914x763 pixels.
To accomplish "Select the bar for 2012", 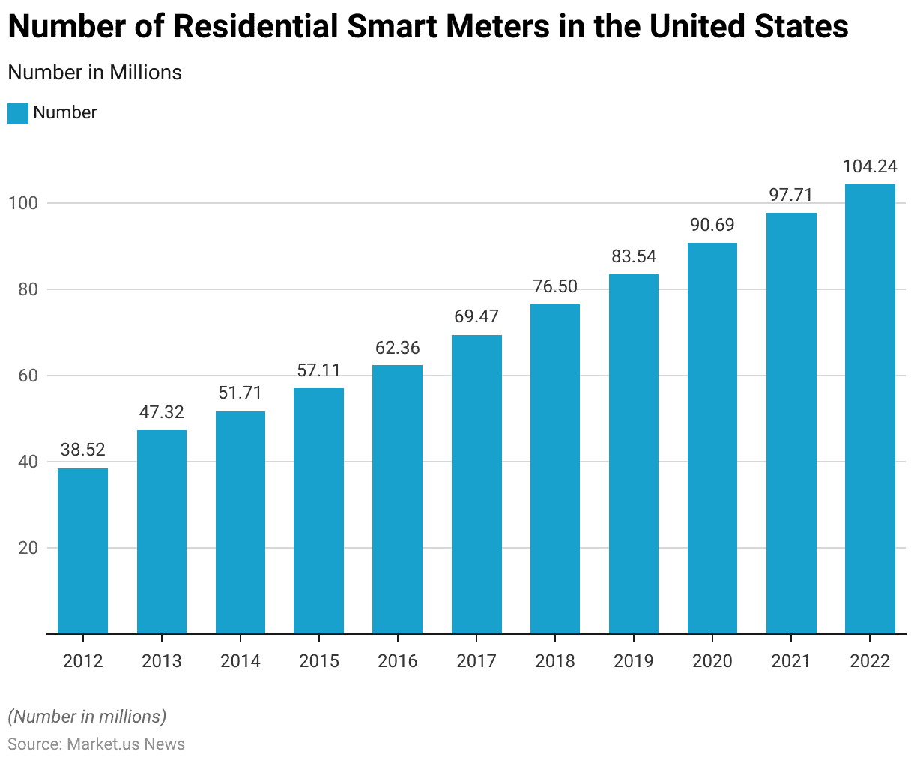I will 82,551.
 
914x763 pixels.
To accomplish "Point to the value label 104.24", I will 870,166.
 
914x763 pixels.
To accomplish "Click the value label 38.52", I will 82,450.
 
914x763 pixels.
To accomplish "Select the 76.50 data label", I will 555,286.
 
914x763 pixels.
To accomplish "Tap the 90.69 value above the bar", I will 712,225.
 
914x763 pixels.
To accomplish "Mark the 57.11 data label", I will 318,370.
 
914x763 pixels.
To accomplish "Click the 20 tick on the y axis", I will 28,548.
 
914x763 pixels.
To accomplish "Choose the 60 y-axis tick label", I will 28,376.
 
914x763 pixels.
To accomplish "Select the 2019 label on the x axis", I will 634,661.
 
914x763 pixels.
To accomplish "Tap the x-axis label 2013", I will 161,661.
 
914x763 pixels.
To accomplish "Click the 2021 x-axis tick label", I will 791,661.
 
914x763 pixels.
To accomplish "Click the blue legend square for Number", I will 18,113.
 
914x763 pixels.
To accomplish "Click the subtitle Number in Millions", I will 94,73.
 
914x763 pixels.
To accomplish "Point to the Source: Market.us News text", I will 96,744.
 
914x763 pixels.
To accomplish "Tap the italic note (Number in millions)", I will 87,717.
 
